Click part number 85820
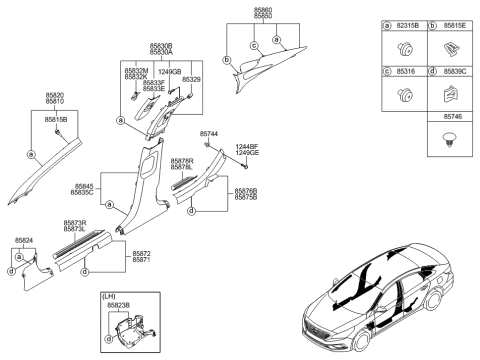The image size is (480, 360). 55,93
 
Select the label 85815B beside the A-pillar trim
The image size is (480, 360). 56,118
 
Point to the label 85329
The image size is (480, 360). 191,79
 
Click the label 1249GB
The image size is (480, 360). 170,72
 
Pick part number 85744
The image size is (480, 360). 208,133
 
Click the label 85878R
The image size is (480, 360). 181,160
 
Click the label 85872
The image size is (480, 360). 144,255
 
